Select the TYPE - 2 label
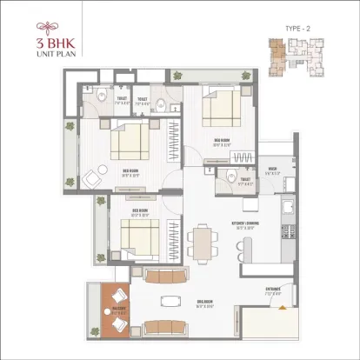point(297,29)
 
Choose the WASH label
point(272,170)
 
